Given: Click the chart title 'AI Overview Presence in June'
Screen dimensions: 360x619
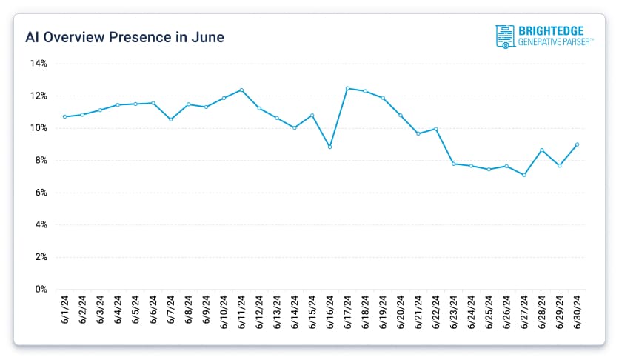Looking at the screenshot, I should pyautogui.click(x=125, y=36).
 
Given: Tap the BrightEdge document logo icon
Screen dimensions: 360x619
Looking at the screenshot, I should pyautogui.click(x=505, y=36).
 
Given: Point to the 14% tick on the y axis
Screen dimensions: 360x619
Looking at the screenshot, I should pyautogui.click(x=39, y=64).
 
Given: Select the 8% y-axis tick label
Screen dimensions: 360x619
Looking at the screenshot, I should pyautogui.click(x=41, y=160).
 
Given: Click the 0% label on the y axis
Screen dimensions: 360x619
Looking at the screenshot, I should pyautogui.click(x=41, y=289).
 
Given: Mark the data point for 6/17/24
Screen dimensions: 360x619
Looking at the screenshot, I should pyautogui.click(x=348, y=88).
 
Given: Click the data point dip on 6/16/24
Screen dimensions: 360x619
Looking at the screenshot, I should pyautogui.click(x=330, y=147).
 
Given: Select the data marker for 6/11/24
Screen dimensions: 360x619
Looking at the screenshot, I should pyautogui.click(x=242, y=90).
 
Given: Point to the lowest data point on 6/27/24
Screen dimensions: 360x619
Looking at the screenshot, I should pyautogui.click(x=524, y=175).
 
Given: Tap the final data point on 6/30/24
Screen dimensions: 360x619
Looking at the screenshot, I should pyautogui.click(x=578, y=144).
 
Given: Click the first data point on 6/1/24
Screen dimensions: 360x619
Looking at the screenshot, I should pyautogui.click(x=65, y=116).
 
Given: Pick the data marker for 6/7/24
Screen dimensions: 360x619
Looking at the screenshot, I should pyautogui.click(x=171, y=119).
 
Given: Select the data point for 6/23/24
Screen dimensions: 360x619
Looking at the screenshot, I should pyautogui.click(x=454, y=164).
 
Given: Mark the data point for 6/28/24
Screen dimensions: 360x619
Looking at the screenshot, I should pyautogui.click(x=542, y=150).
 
